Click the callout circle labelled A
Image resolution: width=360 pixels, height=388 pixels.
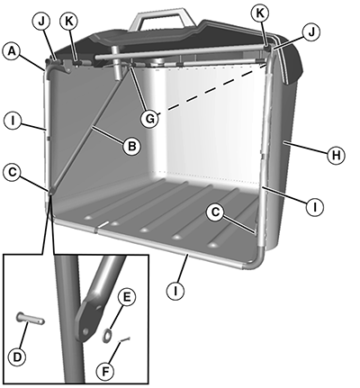(11, 51)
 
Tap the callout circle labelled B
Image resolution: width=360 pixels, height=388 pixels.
(131, 147)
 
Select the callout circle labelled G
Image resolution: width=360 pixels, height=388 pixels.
(149, 119)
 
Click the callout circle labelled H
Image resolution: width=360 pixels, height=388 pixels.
(337, 156)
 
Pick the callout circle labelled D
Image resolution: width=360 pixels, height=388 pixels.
(17, 357)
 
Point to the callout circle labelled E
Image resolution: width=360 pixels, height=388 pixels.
(127, 297)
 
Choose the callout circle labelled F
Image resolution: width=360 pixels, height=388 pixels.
(105, 372)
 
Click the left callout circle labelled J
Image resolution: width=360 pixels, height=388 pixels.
(41, 23)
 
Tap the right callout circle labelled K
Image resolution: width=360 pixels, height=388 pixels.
(259, 14)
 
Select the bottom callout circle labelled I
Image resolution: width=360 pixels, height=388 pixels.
(175, 291)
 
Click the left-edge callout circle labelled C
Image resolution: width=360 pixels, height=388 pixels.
(13, 174)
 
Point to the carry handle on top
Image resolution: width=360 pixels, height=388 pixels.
(162, 21)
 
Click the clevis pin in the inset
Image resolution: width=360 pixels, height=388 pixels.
(31, 318)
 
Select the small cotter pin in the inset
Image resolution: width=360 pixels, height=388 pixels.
(125, 339)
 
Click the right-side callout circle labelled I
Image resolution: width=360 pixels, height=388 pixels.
(315, 207)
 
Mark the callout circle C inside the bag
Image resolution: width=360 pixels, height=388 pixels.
(215, 212)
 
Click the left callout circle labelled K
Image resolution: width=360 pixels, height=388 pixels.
(68, 23)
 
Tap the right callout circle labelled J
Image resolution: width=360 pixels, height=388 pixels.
(311, 32)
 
